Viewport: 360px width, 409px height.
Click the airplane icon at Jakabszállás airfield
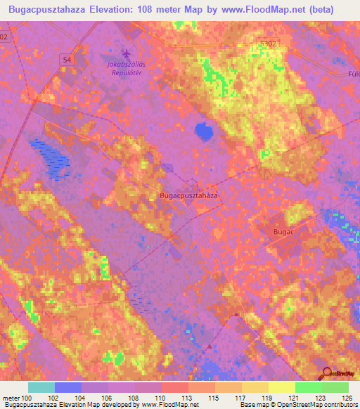127,53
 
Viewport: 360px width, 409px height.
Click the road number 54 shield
66,60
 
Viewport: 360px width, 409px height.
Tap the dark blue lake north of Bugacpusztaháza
204,130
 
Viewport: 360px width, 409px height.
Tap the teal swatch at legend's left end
41,387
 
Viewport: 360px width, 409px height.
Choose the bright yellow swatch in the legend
281,387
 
